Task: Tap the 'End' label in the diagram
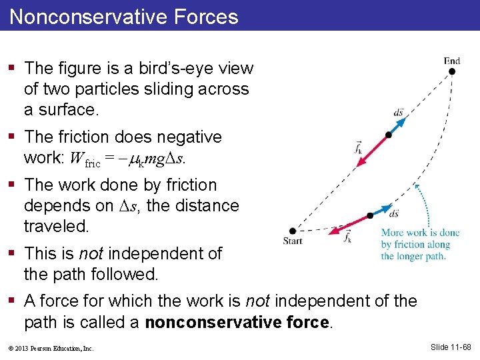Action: (x=452, y=61)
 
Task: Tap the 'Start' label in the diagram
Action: (x=293, y=241)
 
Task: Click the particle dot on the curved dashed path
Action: (x=370, y=216)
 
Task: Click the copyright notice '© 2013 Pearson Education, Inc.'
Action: (x=52, y=348)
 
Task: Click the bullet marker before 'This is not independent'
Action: (x=13, y=253)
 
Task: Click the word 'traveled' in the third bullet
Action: (x=55, y=226)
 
